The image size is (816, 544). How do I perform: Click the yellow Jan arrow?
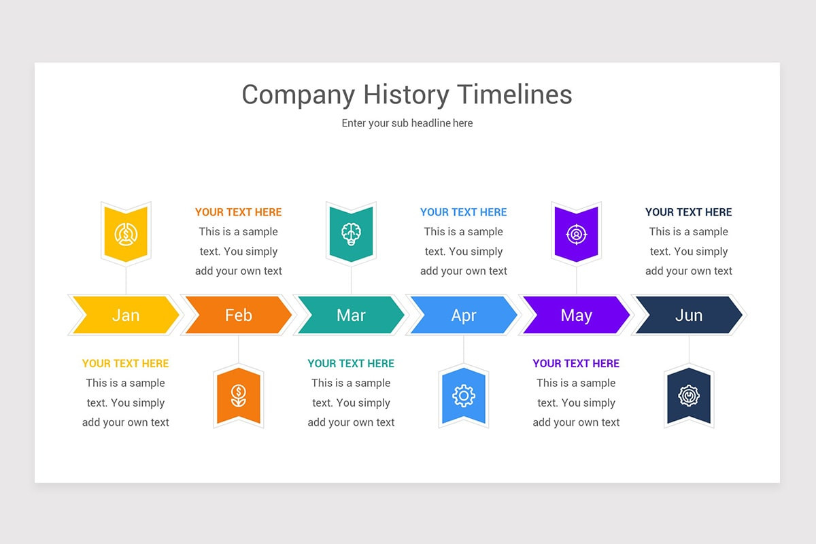point(126,315)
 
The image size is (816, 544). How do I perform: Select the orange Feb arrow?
point(238,315)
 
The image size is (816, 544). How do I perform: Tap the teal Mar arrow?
point(351,315)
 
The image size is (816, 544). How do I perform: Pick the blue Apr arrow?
point(463,315)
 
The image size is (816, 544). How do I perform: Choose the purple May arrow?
point(576,315)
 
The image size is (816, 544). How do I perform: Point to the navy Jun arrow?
point(688,315)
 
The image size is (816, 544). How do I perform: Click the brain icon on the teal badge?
point(351,234)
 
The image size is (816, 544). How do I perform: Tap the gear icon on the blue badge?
point(463,396)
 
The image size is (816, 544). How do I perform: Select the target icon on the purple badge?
point(577,234)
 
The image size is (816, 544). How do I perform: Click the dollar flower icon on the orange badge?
point(238,396)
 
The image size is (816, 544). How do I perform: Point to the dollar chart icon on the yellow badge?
point(126,234)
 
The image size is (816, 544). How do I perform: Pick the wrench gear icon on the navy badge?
point(688,396)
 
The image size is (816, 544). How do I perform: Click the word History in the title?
point(406,95)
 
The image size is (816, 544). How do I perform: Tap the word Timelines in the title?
point(514,95)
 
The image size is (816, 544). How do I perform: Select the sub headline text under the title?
point(407,123)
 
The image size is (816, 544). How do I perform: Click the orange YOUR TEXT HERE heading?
point(238,212)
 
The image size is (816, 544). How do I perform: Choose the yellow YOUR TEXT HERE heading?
point(126,363)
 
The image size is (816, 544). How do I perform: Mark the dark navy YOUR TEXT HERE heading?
point(688,212)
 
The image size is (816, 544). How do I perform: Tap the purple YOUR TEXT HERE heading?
point(576,363)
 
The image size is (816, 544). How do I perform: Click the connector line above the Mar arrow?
point(351,280)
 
